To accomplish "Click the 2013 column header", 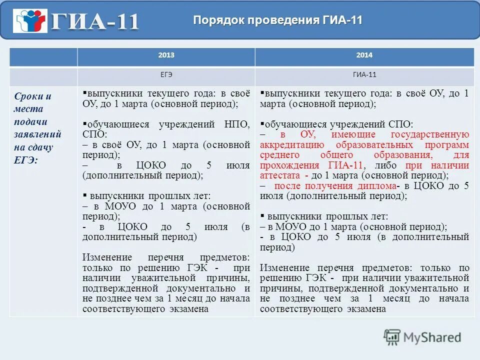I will [166, 55].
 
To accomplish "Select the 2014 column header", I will [364, 55].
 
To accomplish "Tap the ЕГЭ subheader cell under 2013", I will [166, 75].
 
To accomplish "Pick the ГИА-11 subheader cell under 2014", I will [364, 75].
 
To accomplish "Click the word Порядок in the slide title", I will [217, 20].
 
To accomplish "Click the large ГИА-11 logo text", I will [95, 22].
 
